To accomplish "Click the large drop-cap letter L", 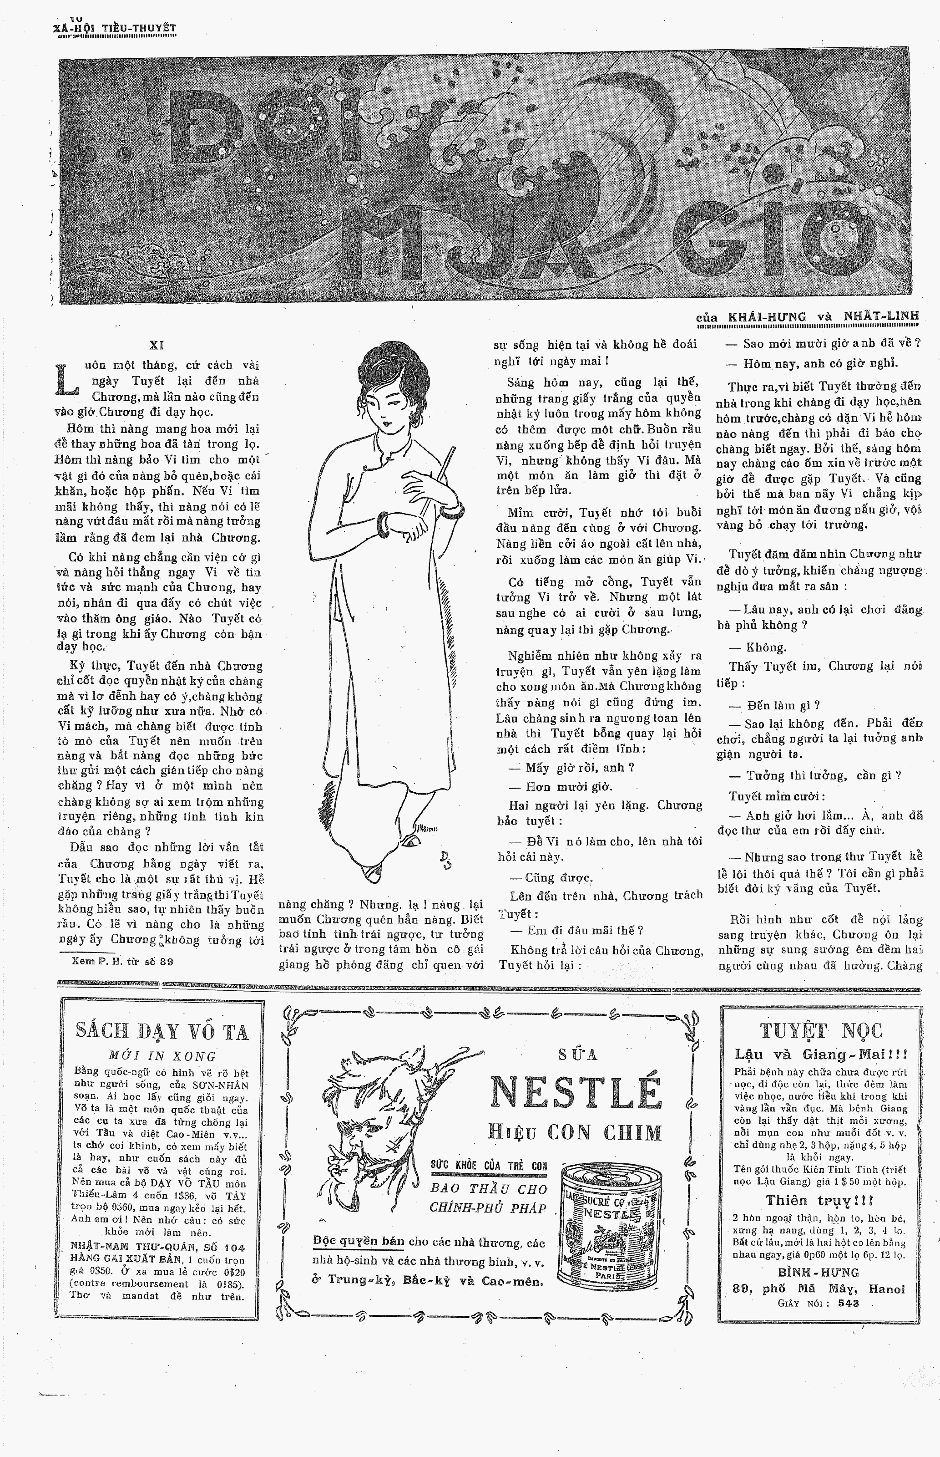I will [65, 379].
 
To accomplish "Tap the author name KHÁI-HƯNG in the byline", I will [767, 317].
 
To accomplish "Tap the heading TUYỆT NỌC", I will [821, 1031].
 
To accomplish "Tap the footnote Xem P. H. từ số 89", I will [122, 961].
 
